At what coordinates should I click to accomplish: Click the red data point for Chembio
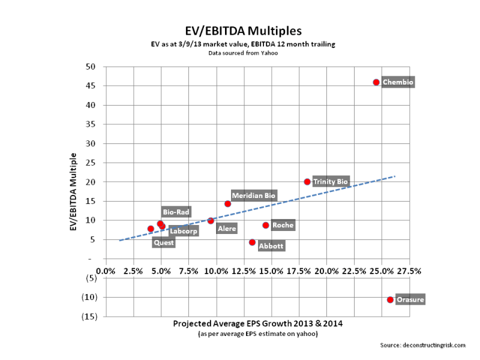pos(376,82)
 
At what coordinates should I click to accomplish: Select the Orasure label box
pos(410,299)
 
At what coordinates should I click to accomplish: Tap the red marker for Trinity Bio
pos(307,182)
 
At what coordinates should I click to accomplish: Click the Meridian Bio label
pos(254,196)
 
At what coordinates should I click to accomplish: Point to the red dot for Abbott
pos(252,242)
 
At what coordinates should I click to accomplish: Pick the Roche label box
pos(283,225)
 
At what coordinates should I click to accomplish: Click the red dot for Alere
pos(211,221)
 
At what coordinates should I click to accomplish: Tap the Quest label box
pos(164,243)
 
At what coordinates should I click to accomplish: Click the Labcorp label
pos(183,231)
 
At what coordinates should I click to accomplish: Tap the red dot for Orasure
pos(390,299)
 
